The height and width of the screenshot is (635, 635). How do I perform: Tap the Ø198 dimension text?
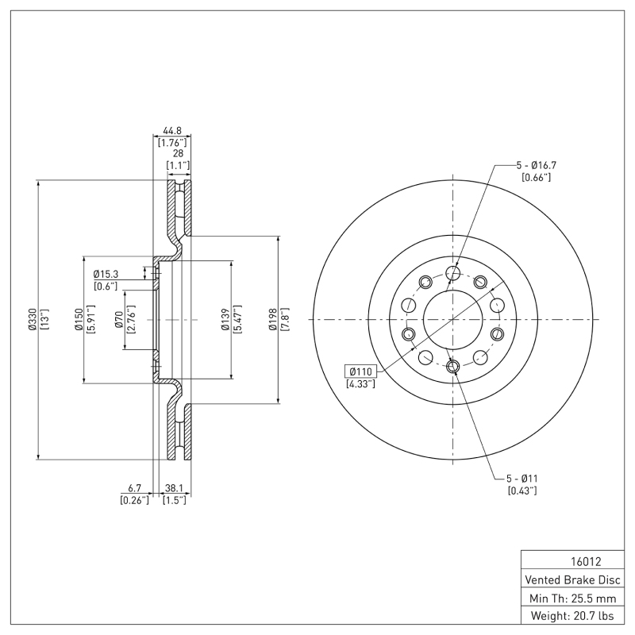coord(271,319)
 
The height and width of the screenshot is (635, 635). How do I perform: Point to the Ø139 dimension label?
coord(225,319)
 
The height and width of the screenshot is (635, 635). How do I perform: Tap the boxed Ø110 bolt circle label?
coord(361,371)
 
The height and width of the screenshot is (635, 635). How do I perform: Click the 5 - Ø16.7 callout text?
coord(537,165)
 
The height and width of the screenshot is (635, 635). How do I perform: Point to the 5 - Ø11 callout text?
coord(522,479)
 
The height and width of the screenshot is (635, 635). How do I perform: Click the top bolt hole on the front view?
coord(453,274)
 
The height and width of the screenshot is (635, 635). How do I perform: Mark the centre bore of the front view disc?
coord(453,319)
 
